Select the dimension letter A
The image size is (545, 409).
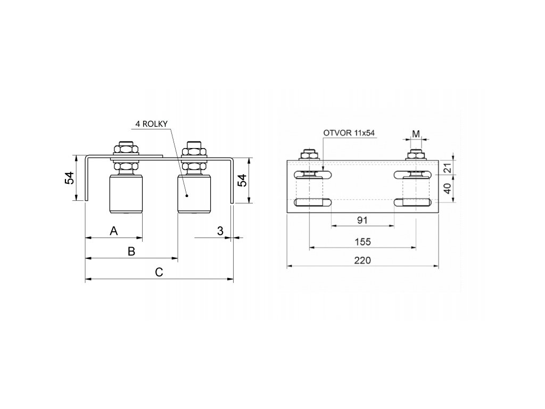point(113,231)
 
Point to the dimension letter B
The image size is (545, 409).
point(131,251)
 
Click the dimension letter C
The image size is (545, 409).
point(159,272)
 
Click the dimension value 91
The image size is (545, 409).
point(362,220)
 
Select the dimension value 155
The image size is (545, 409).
point(362,241)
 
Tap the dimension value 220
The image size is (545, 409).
point(362,260)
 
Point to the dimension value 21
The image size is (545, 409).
point(447,168)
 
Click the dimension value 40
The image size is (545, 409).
point(447,188)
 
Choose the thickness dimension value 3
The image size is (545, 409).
point(220,231)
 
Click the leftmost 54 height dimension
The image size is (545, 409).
point(70,179)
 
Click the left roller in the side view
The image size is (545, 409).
point(126,194)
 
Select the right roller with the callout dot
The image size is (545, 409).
point(194,194)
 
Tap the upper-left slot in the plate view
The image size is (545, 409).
point(315,174)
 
